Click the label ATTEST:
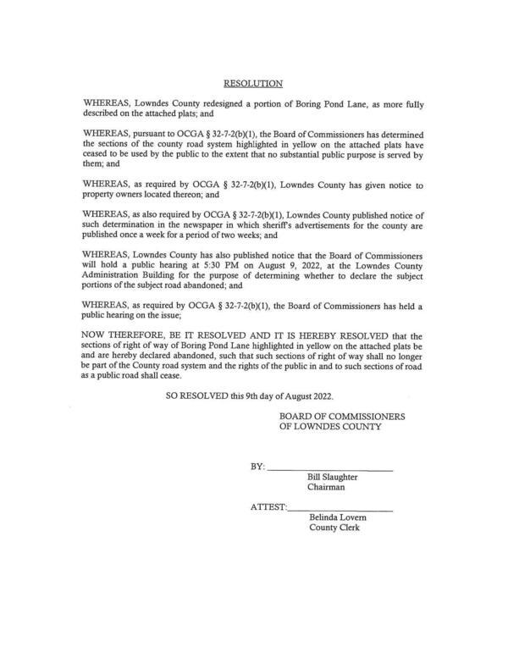[268, 506]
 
